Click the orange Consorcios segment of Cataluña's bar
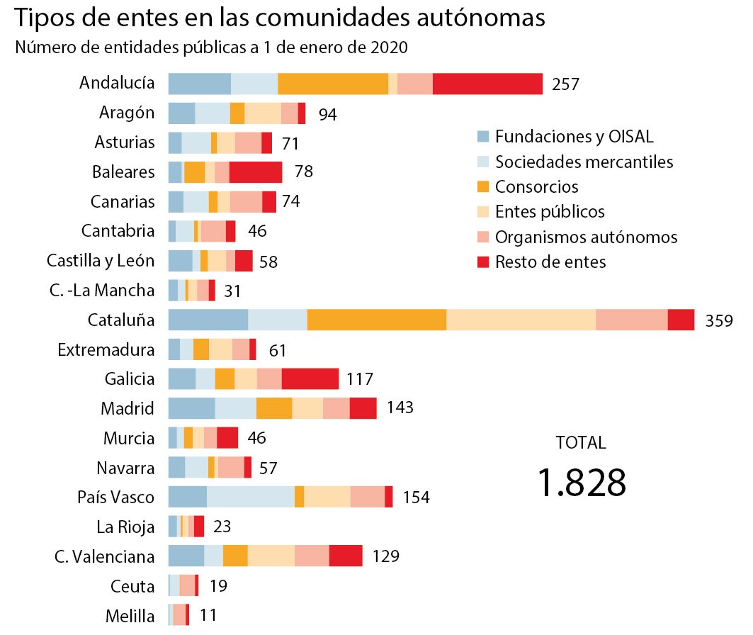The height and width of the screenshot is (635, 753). point(377,320)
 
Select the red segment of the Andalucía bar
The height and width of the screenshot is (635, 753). point(487,84)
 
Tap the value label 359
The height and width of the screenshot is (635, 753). point(718,321)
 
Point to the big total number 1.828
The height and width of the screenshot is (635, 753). point(582,483)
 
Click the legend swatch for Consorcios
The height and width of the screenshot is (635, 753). point(483,187)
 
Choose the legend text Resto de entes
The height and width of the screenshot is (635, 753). point(550,262)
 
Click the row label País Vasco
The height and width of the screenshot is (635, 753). point(115,497)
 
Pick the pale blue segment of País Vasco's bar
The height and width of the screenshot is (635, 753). point(250,497)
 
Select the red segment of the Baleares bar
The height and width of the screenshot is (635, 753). point(255,172)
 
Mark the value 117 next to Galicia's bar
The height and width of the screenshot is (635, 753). point(360,379)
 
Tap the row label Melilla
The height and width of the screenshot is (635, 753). point(130,616)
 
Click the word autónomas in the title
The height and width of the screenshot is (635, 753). point(481,18)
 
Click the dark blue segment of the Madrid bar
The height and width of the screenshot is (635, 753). point(191,408)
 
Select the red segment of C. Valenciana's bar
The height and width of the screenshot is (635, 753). point(346,556)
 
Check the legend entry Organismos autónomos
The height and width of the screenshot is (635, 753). point(586,237)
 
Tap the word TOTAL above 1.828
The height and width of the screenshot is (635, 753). point(581,443)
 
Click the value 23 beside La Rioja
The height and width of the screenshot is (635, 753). point(222,527)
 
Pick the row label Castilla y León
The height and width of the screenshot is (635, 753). point(101,261)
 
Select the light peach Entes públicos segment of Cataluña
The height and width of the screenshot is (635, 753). point(521,320)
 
